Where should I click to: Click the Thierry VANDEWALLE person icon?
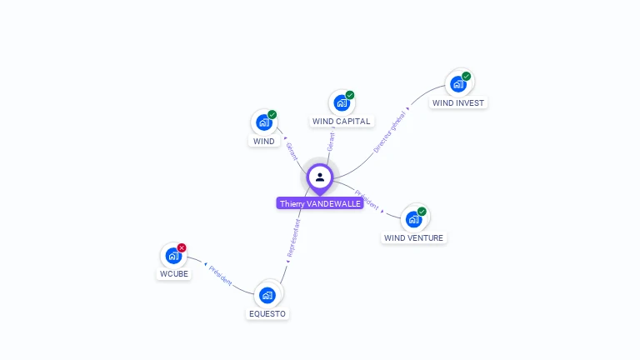pyautogui.click(x=320, y=177)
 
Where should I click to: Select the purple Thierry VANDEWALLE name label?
pyautogui.click(x=320, y=203)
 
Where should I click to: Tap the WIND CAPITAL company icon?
pyautogui.click(x=341, y=103)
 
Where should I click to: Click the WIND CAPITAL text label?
pyautogui.click(x=341, y=122)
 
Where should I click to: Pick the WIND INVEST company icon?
pyautogui.click(x=457, y=84)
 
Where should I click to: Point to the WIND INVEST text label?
pyautogui.click(x=457, y=103)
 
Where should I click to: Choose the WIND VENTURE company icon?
pyautogui.click(x=413, y=219)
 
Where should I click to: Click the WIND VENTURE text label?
pyautogui.click(x=414, y=237)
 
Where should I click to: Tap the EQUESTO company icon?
pyautogui.click(x=267, y=295)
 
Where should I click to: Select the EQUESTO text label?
pyautogui.click(x=267, y=314)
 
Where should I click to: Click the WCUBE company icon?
pyautogui.click(x=173, y=256)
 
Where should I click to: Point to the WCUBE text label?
pyautogui.click(x=173, y=274)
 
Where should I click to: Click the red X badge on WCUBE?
pyautogui.click(x=182, y=247)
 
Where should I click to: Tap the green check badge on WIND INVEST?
pyautogui.click(x=466, y=77)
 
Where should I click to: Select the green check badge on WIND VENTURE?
pyautogui.click(x=422, y=212)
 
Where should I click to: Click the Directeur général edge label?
pyautogui.click(x=390, y=132)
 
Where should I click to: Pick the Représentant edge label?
pyautogui.click(x=292, y=239)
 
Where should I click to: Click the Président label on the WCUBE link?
pyautogui.click(x=220, y=275)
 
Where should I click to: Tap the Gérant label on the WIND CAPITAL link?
pyautogui.click(x=331, y=142)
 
